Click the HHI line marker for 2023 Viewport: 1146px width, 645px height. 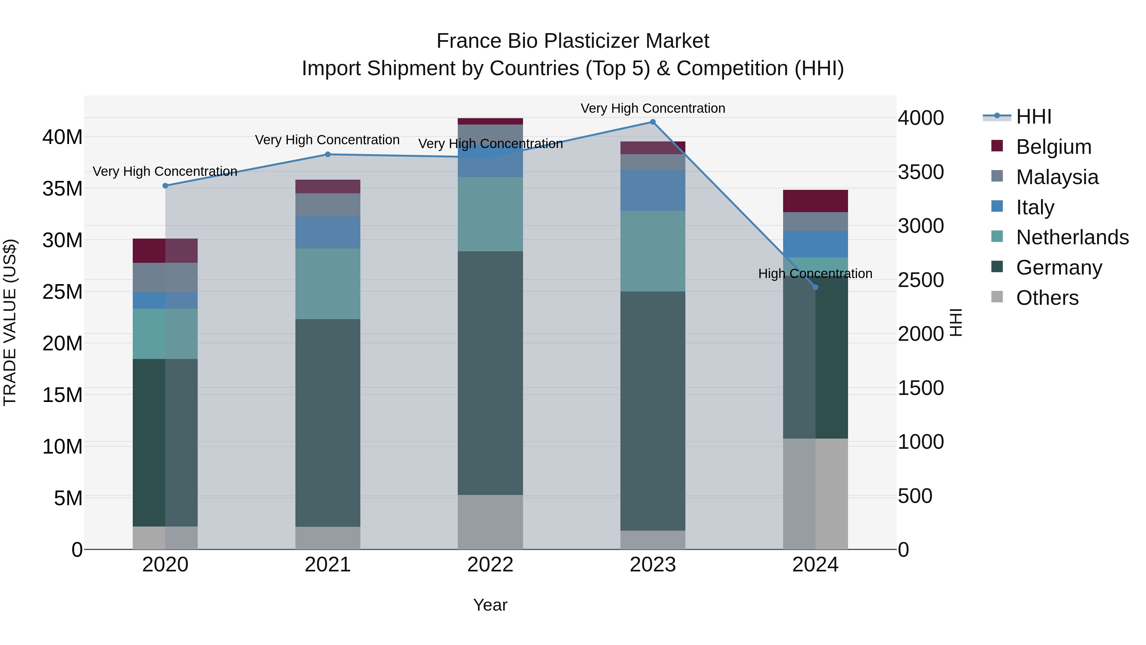(653, 122)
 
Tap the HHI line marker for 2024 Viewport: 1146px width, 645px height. (815, 287)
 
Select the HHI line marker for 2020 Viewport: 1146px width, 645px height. (165, 186)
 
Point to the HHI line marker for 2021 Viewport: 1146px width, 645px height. (328, 154)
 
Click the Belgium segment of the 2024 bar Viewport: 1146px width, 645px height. (815, 201)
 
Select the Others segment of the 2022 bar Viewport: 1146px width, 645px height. (490, 522)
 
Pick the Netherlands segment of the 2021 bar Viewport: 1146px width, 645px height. (328, 283)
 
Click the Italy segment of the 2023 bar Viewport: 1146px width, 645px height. (653, 190)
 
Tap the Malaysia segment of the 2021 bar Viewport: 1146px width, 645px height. (328, 205)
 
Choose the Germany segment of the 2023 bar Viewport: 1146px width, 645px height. (653, 411)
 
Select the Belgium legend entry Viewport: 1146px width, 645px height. (1053, 147)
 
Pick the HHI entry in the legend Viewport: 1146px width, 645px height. (1033, 117)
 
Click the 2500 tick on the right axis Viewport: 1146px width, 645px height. (920, 280)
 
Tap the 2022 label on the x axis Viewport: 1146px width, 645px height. (490, 565)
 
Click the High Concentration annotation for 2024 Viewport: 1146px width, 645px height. (815, 273)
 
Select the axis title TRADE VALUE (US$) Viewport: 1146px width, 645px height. (10, 322)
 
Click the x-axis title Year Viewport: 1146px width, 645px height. (490, 605)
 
